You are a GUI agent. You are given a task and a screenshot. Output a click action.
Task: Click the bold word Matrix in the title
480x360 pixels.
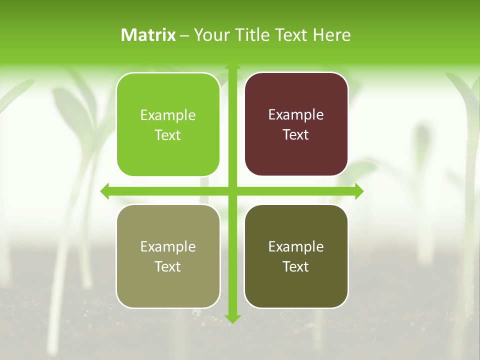point(148,35)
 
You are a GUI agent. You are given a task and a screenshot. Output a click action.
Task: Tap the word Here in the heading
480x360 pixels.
point(332,35)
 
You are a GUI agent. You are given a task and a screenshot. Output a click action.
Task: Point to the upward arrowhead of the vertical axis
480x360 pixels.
point(232,67)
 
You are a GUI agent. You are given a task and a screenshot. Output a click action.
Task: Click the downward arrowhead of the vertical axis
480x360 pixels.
point(232,319)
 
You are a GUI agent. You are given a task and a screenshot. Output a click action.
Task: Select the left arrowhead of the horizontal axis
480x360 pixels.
point(105,191)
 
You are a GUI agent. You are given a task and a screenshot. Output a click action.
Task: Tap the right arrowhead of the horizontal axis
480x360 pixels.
point(359,191)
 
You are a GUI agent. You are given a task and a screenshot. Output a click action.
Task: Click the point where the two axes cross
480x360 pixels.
point(232,191)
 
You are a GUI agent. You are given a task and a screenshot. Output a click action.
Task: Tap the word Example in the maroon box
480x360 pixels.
point(296,115)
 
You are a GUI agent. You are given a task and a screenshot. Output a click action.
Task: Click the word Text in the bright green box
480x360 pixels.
point(168,135)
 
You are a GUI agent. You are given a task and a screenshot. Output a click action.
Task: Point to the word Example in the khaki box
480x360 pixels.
point(168,246)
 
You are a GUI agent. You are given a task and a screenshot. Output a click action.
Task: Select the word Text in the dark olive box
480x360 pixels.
point(296,266)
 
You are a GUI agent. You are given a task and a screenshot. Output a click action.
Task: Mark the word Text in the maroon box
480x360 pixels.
point(296,135)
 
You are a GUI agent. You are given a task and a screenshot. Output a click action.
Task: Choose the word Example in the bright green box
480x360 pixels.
point(168,115)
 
